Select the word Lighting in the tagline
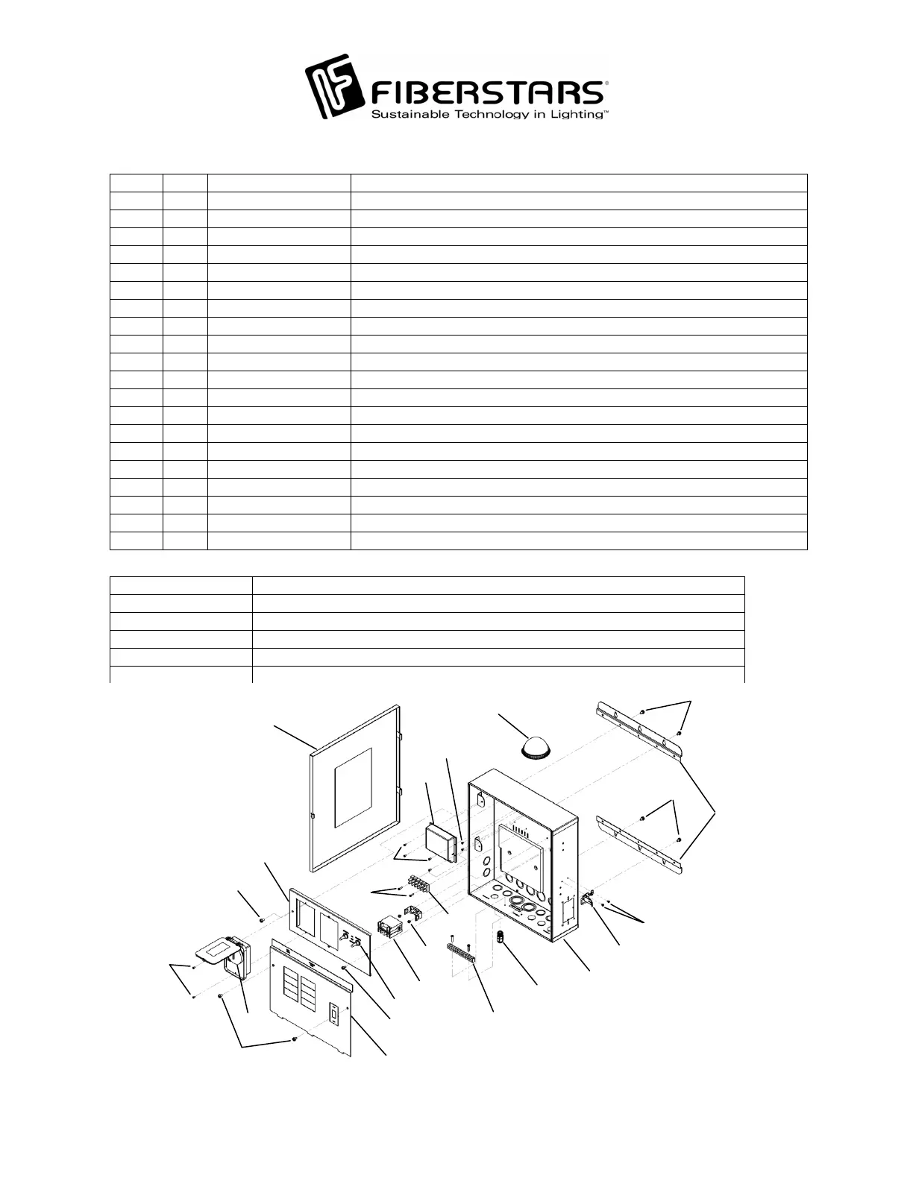574,115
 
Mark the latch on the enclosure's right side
589,897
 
